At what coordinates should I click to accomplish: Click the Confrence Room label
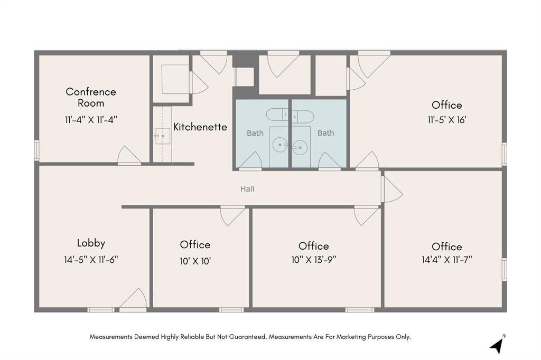click(91, 97)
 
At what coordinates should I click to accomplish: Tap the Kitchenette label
click(200, 127)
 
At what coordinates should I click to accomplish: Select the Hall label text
click(248, 188)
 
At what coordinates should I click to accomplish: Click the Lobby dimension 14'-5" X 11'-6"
click(91, 259)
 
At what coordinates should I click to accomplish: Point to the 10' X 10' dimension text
click(195, 261)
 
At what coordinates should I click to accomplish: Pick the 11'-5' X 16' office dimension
click(446, 120)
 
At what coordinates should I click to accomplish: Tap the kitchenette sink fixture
click(161, 136)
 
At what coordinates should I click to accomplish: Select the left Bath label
click(255, 133)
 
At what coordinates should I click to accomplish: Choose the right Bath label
click(326, 133)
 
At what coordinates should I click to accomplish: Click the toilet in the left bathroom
click(276, 114)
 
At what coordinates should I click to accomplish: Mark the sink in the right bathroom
click(300, 147)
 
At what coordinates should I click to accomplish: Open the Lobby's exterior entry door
click(134, 300)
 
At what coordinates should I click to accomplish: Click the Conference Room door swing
click(129, 156)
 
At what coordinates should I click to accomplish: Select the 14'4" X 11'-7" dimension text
click(446, 260)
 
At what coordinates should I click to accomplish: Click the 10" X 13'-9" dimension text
click(313, 260)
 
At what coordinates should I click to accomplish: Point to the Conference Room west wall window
click(36, 150)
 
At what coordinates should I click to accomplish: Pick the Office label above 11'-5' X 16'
click(446, 105)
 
